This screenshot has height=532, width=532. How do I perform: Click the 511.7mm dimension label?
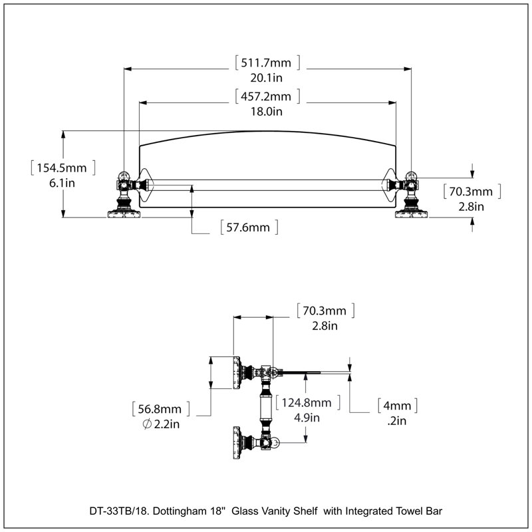pos(266,63)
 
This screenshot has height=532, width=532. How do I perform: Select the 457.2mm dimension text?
pos(266,96)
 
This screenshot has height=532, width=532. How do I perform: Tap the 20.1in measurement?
pos(267,78)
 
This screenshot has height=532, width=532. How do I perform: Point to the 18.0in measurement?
pos(267,111)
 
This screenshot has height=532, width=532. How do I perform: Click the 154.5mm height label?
pos(62,168)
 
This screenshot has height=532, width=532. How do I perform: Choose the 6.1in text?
pos(62,184)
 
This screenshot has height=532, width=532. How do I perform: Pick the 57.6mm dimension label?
pos(248,227)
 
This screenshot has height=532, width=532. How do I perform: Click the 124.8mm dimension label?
pos(307,403)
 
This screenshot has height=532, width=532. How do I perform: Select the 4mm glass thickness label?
pos(397,406)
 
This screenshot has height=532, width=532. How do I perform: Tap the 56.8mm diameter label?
pos(160,409)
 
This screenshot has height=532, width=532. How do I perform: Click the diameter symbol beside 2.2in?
pos(147,424)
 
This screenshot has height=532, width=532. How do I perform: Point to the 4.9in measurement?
pos(307,418)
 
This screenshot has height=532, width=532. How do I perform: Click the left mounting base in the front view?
pos(124,214)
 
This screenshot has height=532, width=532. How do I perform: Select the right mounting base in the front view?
pos(411,214)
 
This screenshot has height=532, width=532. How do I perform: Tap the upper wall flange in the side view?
pos(237,372)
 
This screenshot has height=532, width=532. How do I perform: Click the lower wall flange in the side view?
pos(237,443)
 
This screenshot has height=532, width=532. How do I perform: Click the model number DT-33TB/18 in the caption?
pos(119,511)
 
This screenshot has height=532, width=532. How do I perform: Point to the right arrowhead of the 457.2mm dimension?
pos(392,102)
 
